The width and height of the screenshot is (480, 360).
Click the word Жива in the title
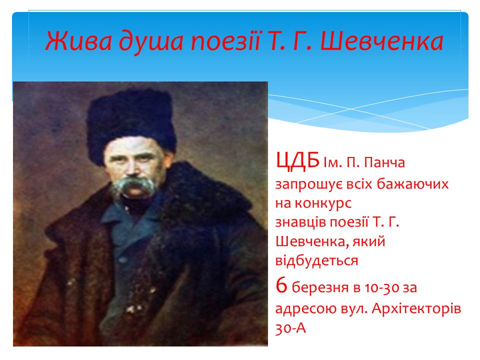78,41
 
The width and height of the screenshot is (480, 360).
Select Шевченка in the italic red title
381,41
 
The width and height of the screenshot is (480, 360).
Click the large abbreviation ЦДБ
297,160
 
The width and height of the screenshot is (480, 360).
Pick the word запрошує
308,185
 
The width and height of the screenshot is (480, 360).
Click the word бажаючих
412,183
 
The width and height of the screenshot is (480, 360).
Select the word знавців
301,222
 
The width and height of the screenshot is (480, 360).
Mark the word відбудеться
317,260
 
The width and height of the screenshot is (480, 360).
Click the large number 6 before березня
281,285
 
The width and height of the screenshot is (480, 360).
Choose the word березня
320,288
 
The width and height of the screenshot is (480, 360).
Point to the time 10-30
381,288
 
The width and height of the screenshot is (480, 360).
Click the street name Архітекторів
416,308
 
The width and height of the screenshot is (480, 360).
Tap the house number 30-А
290,328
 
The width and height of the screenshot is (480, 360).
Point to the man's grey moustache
134,184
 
